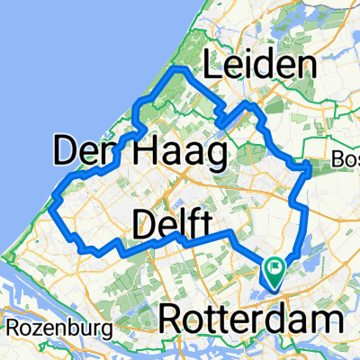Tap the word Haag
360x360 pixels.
click(178, 155)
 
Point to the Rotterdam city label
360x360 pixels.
click(253, 319)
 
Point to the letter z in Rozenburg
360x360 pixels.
click(35, 325)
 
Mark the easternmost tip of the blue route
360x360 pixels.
click(311, 166)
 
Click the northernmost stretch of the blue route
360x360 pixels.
click(179, 68)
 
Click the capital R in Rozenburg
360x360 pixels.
click(12, 325)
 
